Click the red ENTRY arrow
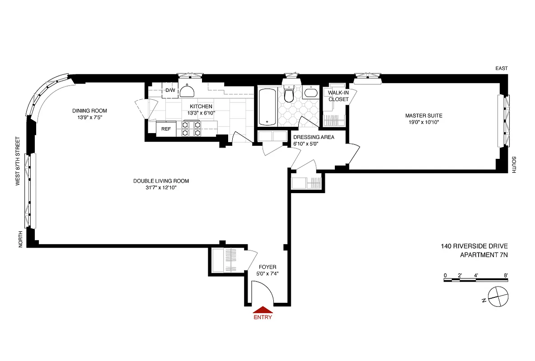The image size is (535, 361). click(263, 310)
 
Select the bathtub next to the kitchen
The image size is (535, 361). click(267, 106)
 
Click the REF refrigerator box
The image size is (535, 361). click(166, 129)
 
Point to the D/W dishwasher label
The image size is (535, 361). click(170, 90)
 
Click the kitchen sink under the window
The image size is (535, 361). click(188, 92)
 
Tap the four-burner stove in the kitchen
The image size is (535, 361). click(191, 129)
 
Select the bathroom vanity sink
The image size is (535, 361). click(310, 93)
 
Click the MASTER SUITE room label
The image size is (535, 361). click(423, 116)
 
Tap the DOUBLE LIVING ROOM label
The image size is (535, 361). click(161, 181)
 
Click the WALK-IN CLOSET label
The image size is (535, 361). click(338, 96)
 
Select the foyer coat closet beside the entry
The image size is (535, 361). click(225, 261)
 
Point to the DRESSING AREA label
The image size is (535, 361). click(314, 137)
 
